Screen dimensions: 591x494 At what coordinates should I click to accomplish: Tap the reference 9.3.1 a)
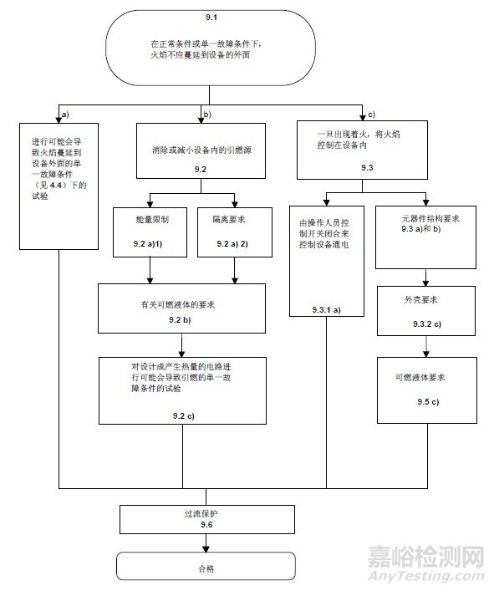tap(319, 309)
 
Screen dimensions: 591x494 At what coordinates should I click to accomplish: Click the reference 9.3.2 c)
tap(429, 324)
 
